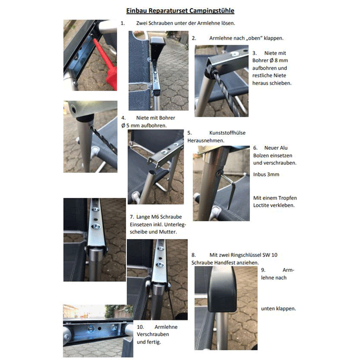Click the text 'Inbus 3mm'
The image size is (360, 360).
tap(266, 174)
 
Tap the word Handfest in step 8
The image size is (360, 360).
tap(238, 262)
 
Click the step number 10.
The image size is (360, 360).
tap(140, 327)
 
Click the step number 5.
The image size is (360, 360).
tap(189, 132)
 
